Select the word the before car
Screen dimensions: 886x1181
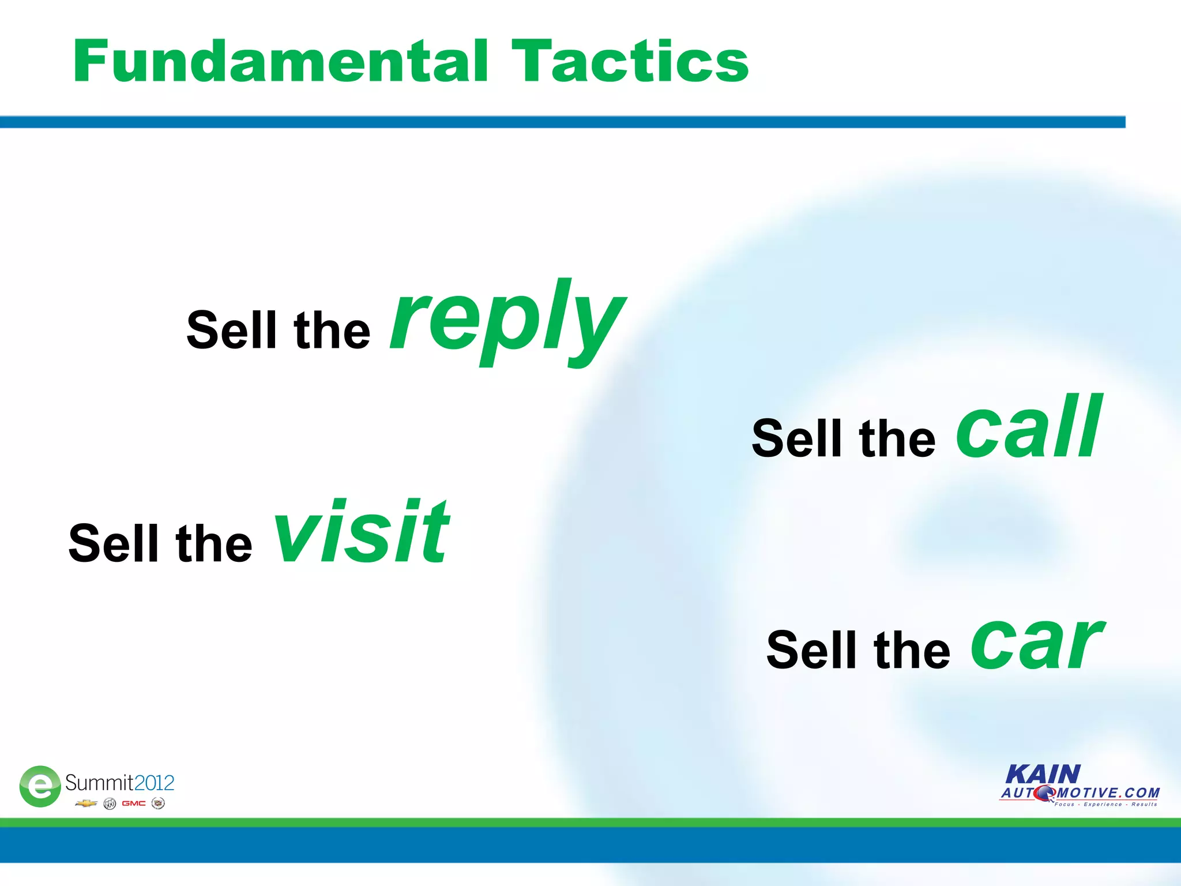pos(912,651)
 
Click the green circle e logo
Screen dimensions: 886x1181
pos(40,786)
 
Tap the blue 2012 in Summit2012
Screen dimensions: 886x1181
pos(154,783)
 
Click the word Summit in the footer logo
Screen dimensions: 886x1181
pos(99,783)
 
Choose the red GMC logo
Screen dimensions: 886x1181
pos(133,804)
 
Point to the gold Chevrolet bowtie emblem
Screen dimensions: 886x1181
pos(86,804)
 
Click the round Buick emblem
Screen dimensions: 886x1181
pos(110,804)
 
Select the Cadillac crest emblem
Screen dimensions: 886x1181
pos(158,804)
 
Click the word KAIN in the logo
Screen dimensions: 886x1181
pos(1043,774)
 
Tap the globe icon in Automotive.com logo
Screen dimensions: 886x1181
pos(1044,794)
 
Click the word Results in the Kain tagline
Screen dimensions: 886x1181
pos(1144,804)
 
